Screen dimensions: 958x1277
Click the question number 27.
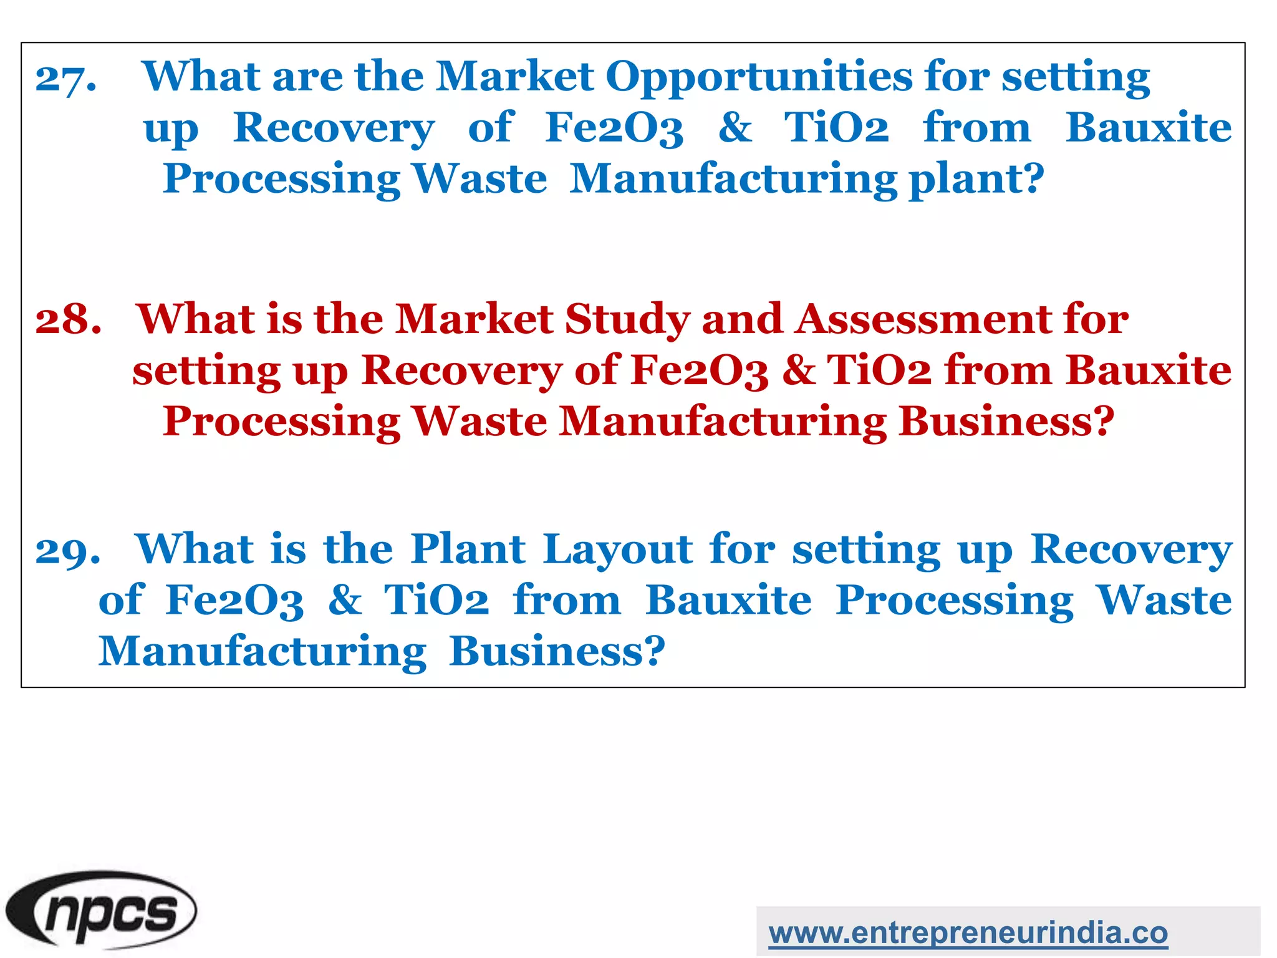pos(66,79)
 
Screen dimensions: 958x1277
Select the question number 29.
pos(68,551)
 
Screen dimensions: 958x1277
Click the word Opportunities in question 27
pos(759,77)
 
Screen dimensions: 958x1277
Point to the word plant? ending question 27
pos(976,180)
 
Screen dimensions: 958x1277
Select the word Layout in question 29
pos(617,550)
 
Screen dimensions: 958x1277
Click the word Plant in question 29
pos(468,550)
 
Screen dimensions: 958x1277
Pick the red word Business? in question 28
pos(1006,422)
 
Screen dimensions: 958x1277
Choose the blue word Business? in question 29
pos(557,652)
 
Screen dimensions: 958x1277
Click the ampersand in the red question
pos(799,370)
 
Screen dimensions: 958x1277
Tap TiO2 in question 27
pos(836,128)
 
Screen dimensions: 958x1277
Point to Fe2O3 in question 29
pos(234,601)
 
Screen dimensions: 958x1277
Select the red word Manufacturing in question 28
pos(722,423)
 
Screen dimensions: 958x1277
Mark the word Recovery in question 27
pos(334,129)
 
